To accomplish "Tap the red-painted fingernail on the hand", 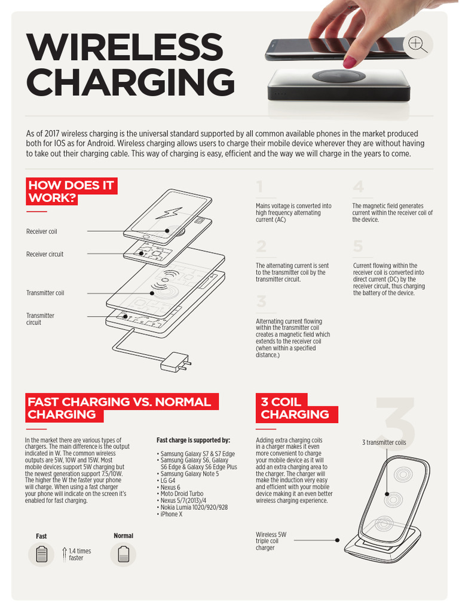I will (x=349, y=61).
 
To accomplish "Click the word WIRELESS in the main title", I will (x=124, y=48).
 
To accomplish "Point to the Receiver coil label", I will (x=42, y=231).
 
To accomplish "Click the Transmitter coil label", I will (x=45, y=293).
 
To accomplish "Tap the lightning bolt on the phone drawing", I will (x=170, y=212).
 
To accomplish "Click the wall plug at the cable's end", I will (x=177, y=361).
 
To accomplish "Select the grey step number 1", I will (x=259, y=188).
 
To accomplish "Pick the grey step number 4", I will (x=358, y=187).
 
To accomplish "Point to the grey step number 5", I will (x=358, y=246).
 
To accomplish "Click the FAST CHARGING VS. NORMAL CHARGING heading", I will (x=120, y=408).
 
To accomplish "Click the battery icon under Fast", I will (x=41, y=555).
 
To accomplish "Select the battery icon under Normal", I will (x=123, y=554).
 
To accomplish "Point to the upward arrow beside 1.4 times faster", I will (x=65, y=554).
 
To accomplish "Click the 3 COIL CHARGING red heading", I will (x=295, y=408).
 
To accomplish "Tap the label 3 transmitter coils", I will (x=384, y=443).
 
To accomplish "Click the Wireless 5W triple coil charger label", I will (x=272, y=541).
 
